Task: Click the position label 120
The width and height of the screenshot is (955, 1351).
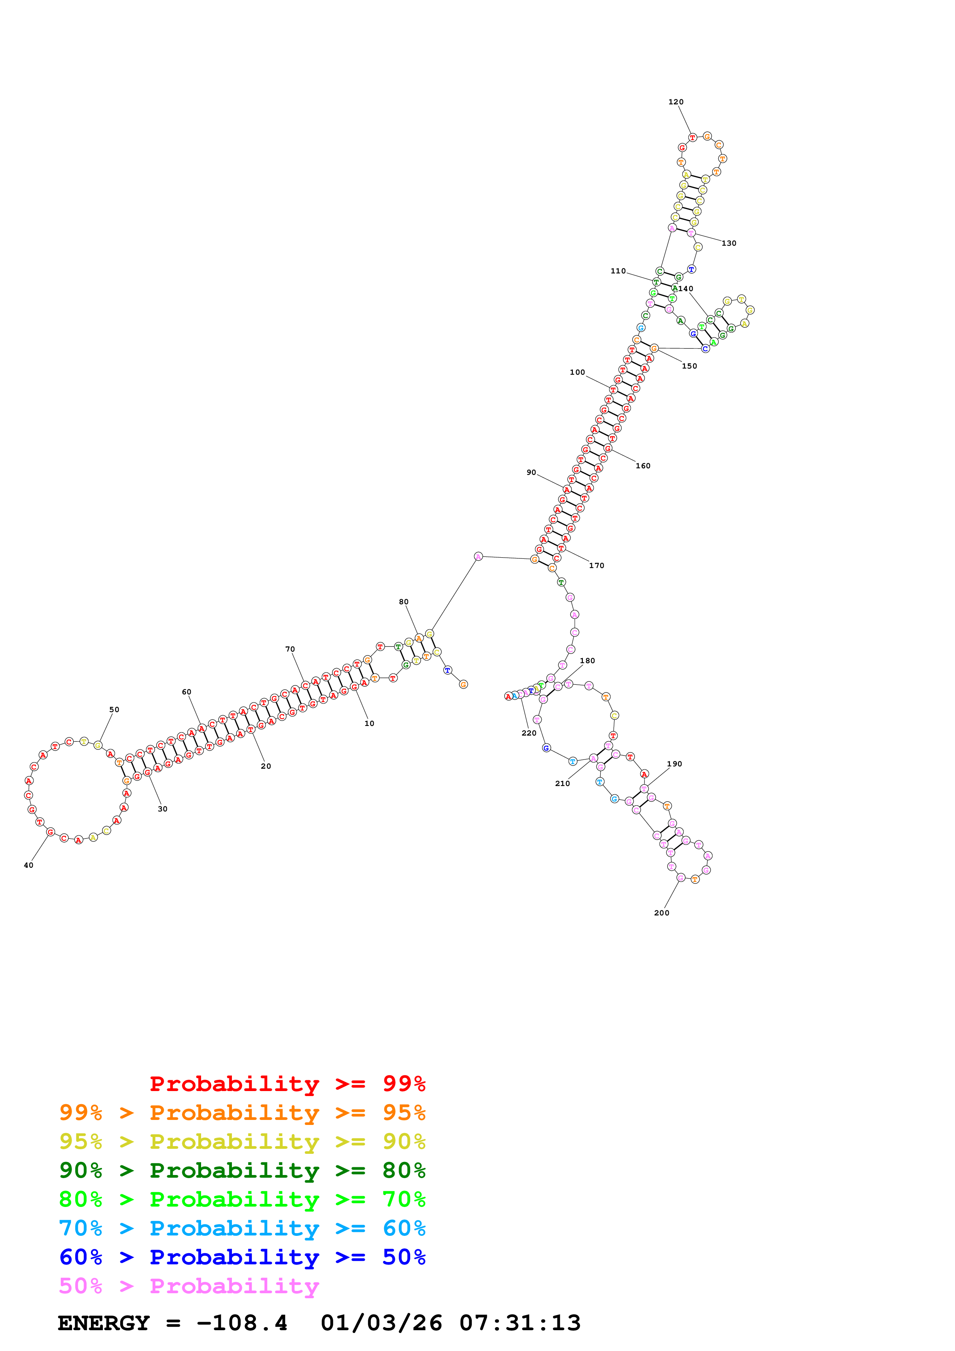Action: (675, 102)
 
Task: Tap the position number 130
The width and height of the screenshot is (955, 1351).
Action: (728, 243)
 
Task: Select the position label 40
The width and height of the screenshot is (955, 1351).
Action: (28, 865)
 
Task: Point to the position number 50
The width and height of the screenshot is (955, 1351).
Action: (114, 710)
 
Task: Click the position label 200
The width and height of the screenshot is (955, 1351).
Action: (661, 913)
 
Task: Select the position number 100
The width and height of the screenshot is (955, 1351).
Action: (577, 372)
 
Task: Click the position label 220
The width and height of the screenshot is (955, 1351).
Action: (529, 733)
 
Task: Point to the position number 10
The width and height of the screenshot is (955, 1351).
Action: (369, 724)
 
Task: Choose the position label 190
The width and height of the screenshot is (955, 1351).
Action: (674, 764)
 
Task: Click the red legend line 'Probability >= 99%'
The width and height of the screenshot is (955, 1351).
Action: (287, 1083)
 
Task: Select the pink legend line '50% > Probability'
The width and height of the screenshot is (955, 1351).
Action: (189, 1286)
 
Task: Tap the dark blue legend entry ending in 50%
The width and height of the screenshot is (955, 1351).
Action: (242, 1257)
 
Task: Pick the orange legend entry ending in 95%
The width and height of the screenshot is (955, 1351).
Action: (242, 1113)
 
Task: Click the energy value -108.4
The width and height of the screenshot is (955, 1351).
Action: (242, 1323)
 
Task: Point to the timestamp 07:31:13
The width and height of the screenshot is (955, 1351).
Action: (520, 1323)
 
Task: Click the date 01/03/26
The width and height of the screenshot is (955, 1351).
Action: (381, 1323)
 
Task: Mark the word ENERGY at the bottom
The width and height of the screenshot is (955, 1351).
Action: (104, 1323)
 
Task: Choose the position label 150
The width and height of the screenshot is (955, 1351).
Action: (689, 366)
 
